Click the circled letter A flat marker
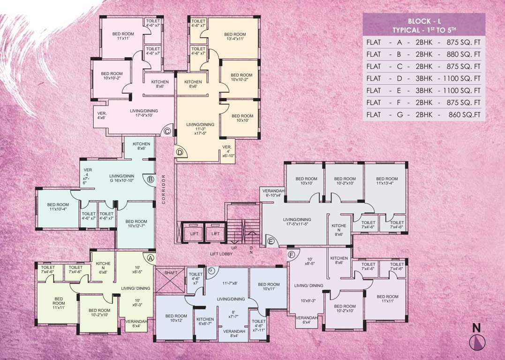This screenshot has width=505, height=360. [151, 257]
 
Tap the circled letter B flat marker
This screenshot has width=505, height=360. [151, 179]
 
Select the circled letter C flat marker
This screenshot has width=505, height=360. [167, 132]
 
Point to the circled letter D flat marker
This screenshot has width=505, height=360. [179, 152]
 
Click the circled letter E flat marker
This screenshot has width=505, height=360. [271, 241]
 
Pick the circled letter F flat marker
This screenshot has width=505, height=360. [292, 255]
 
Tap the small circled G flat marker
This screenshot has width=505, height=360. [211, 270]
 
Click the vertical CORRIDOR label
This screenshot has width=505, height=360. [163, 190]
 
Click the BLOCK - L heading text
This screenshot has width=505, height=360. [424, 22]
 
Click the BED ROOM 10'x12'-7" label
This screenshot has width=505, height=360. [136, 224]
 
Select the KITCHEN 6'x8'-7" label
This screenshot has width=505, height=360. [205, 321]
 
